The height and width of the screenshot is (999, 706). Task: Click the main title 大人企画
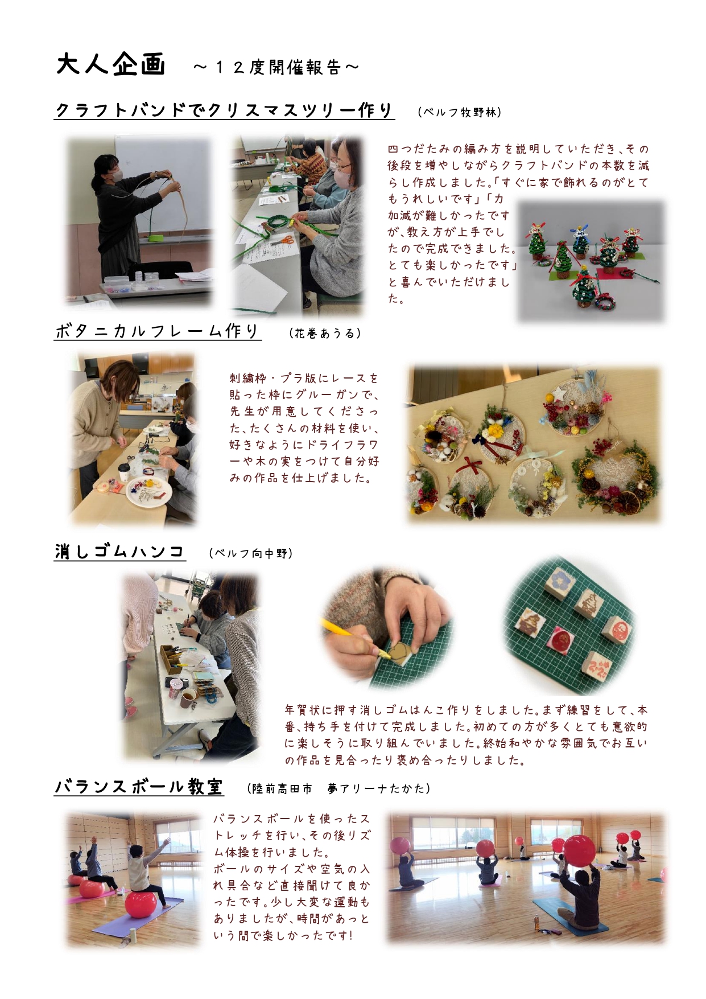pyautogui.click(x=111, y=65)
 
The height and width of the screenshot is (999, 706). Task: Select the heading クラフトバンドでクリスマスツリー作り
pyautogui.click(x=224, y=109)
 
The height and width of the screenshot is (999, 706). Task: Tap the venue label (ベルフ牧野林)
pyautogui.click(x=460, y=112)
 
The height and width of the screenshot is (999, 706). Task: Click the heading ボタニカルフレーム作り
pyautogui.click(x=158, y=331)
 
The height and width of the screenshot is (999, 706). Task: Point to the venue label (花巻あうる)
pyautogui.click(x=325, y=334)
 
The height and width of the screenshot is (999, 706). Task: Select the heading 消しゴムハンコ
pyautogui.click(x=119, y=551)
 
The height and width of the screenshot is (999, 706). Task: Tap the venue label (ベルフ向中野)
pyautogui.click(x=251, y=553)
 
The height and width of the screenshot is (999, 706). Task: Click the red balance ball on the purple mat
pyautogui.click(x=141, y=905)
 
